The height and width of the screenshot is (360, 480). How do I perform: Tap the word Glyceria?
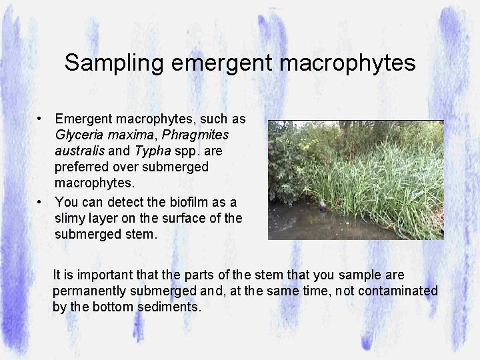tap(80, 135)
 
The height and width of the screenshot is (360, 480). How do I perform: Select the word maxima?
tap(131, 135)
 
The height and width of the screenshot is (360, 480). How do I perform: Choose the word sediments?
tap(169, 307)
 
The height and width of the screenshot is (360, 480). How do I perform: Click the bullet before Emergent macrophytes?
tap(41, 119)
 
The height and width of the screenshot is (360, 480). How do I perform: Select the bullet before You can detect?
tap(41, 202)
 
